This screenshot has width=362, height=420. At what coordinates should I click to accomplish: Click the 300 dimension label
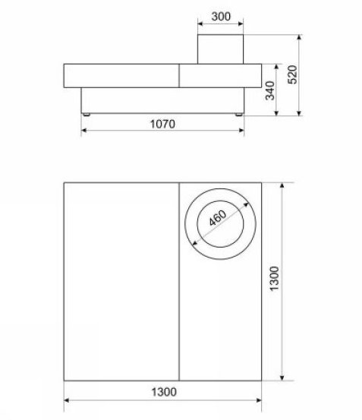(x=221, y=17)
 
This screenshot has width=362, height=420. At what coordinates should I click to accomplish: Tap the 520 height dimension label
(x=292, y=74)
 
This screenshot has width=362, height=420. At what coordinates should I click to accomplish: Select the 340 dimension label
(x=270, y=90)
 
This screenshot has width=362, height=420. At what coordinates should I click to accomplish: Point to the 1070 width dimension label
(x=162, y=124)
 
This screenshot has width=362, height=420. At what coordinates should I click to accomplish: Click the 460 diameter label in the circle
(x=218, y=218)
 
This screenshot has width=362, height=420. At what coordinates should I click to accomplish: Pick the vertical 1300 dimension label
(x=275, y=279)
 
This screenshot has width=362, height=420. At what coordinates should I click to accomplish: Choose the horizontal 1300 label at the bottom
(x=164, y=392)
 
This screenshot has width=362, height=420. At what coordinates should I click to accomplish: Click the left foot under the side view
(x=87, y=115)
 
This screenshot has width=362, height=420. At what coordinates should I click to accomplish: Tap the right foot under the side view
(x=238, y=115)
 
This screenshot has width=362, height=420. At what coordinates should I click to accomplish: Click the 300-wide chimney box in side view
(x=221, y=49)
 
